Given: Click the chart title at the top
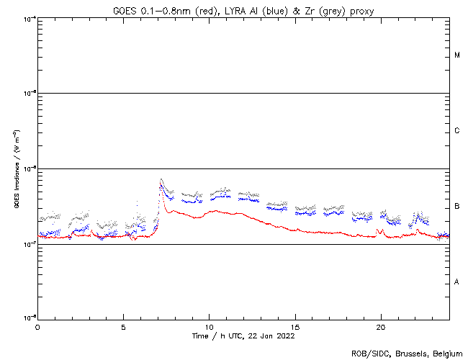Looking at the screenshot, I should (243, 11).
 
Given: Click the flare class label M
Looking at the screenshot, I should (457, 55).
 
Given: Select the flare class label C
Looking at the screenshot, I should (457, 131).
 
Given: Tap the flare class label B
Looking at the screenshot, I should (457, 207).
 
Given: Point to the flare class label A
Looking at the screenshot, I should (457, 282).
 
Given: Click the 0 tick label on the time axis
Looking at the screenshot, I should (37, 326).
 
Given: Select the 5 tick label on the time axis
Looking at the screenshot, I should (123, 326).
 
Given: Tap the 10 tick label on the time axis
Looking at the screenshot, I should (209, 326).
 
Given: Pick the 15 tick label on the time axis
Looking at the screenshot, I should (294, 326).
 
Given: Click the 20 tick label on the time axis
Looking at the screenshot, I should (380, 326).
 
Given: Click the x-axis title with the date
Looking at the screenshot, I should (243, 336).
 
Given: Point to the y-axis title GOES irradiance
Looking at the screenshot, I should (16, 169).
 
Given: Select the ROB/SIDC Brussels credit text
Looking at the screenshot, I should (405, 353).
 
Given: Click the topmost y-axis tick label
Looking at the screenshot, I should (27, 18).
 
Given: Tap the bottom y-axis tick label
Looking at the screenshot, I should (27, 318).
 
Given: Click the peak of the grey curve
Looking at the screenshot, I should (161, 179).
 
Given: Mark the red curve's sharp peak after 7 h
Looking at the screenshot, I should (162, 202).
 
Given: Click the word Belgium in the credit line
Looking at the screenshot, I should (445, 353).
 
